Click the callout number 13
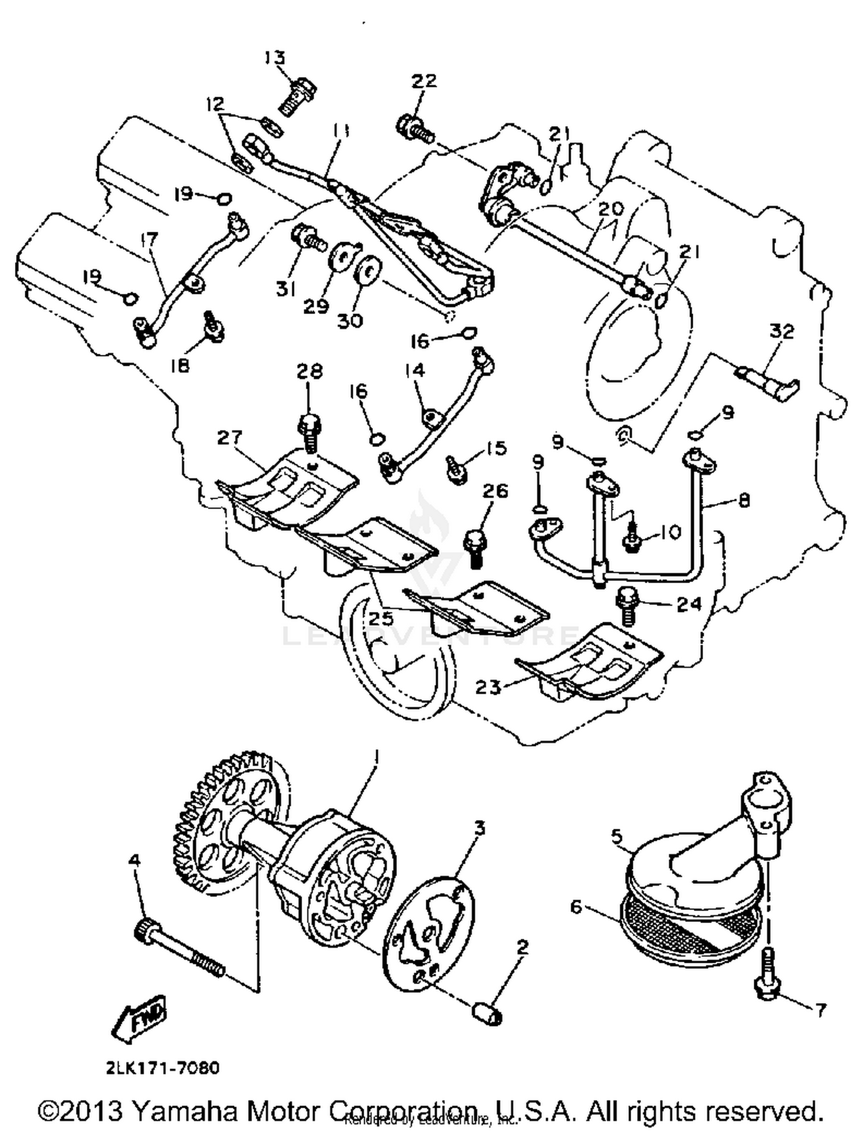[275, 58]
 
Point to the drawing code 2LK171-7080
[163, 1068]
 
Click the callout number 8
[744, 501]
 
